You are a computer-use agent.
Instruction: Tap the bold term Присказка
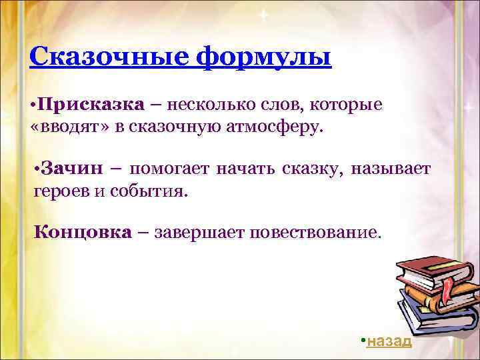pyautogui.click(x=90, y=105)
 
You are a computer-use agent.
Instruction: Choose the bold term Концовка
pyautogui.click(x=83, y=232)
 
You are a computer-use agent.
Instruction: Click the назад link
pyautogui.click(x=389, y=341)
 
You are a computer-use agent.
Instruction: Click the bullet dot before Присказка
pyautogui.click(x=33, y=105)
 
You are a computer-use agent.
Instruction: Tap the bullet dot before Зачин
pyautogui.click(x=36, y=169)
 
